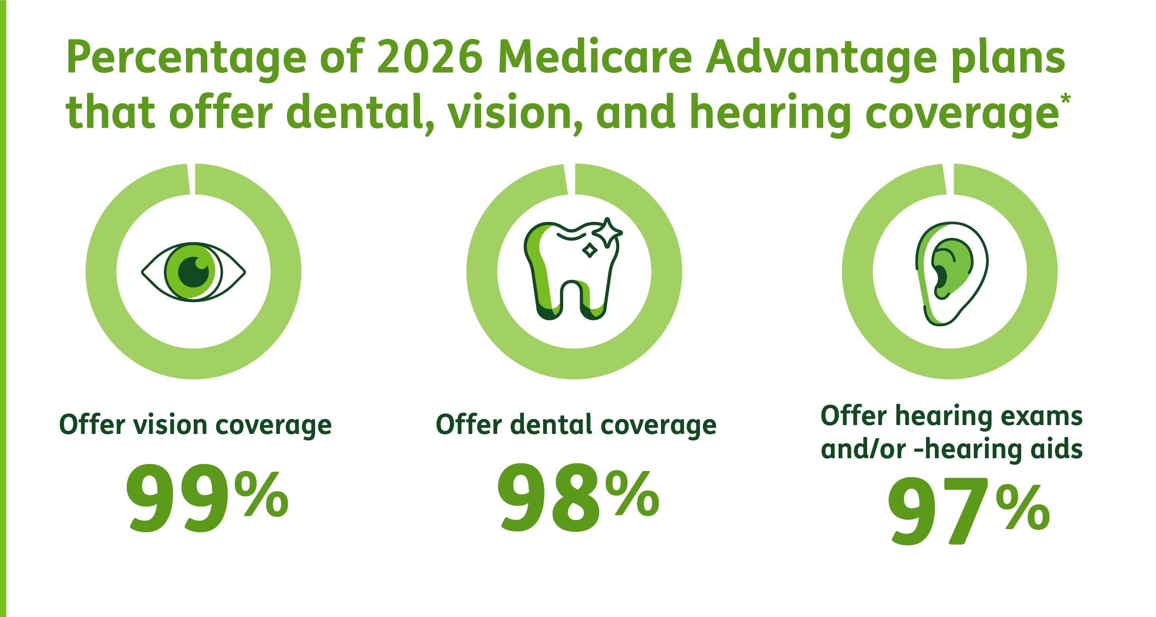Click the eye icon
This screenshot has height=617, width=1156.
click(193, 272)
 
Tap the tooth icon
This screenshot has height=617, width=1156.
click(573, 269)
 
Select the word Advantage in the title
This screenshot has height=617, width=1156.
click(821, 63)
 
